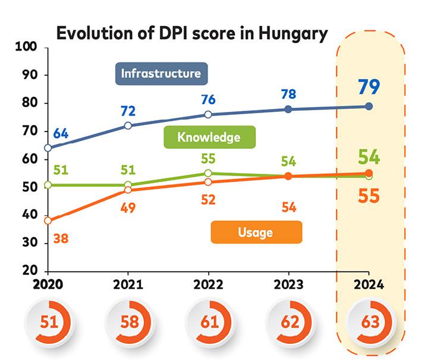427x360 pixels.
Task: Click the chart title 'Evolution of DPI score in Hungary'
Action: coord(191,33)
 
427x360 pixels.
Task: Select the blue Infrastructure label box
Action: coord(161,74)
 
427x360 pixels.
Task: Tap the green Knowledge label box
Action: coord(209,137)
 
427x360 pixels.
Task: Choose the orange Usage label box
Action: coord(256,232)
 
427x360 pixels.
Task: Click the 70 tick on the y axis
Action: coord(30,131)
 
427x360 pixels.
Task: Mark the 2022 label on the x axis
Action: coord(208,284)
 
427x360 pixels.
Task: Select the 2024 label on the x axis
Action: coord(368,284)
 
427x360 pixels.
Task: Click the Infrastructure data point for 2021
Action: coord(128,126)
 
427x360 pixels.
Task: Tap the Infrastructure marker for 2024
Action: coord(369,107)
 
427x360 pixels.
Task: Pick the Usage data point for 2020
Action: coord(48,221)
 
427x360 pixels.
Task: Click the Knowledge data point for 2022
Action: coord(208,173)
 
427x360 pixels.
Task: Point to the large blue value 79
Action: coord(369,86)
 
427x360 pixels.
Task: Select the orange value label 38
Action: coord(60,239)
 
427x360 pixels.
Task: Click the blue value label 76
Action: coord(208,99)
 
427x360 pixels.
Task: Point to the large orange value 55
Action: coord(369,196)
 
